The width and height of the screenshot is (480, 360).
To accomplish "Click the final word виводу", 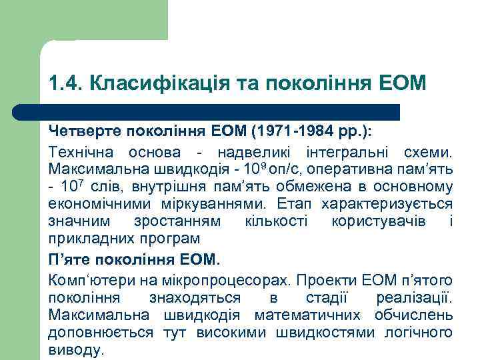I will [x=75, y=350].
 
